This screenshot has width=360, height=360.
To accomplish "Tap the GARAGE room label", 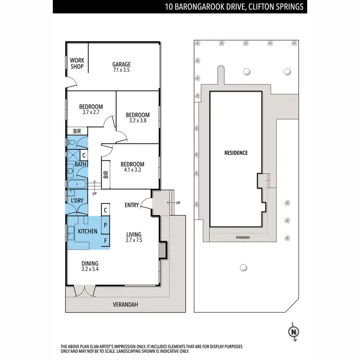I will [121, 64].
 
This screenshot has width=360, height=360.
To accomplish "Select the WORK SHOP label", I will [77, 63].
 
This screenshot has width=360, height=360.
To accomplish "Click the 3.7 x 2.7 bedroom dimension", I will [91, 112].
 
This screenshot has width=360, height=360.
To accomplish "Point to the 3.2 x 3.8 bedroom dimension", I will [138, 121].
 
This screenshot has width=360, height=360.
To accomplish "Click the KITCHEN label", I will [88, 231].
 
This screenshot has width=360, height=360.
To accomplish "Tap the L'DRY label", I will [78, 200].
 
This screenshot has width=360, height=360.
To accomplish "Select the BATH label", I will [80, 165].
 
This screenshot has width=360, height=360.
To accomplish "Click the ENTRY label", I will [132, 205].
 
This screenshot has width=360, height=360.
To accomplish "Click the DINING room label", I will [90, 264].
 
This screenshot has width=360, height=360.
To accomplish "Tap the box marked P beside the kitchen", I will [106, 225].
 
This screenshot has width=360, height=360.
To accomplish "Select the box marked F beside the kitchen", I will [106, 240].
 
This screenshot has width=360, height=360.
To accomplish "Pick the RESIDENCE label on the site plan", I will [236, 153].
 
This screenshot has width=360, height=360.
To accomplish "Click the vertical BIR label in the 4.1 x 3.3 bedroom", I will [106, 176].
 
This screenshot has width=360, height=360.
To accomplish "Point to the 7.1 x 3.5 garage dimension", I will [121, 70].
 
